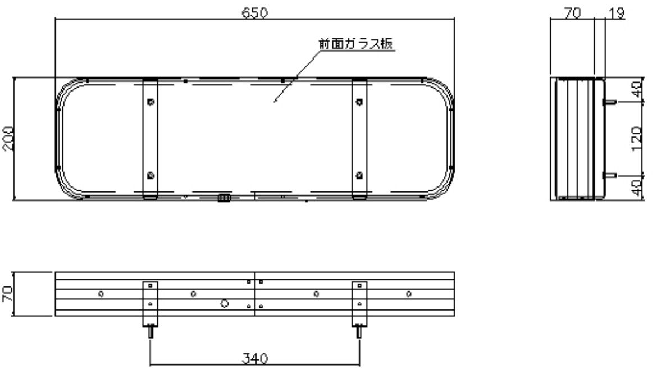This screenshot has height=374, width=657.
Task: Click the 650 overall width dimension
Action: click(254, 12)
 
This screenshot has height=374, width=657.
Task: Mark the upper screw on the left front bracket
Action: click(150, 102)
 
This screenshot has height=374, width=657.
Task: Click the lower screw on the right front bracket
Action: click(359, 174)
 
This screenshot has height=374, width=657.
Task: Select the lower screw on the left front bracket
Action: click(150, 174)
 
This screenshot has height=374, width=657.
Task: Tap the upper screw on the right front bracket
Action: click(359, 102)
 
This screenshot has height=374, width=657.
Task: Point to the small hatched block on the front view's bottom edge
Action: click(223, 198)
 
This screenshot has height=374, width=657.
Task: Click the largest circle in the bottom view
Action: click(224, 303)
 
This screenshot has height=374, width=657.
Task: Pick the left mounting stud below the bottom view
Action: click(150, 331)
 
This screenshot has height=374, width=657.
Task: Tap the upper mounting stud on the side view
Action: click(610, 102)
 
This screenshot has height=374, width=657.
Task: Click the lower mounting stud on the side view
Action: click(610, 176)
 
